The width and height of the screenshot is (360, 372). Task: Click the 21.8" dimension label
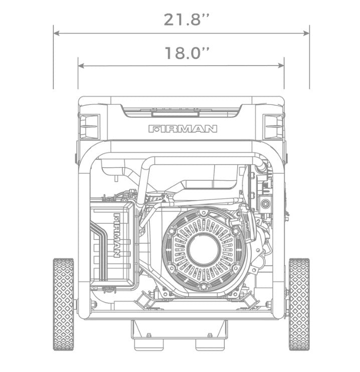pyautogui.click(x=187, y=20)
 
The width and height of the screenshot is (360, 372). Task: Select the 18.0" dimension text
pyautogui.click(x=187, y=53)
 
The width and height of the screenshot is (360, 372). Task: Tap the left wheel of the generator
pyautogui.click(x=63, y=304)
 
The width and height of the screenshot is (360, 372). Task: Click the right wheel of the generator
pyautogui.click(x=299, y=304)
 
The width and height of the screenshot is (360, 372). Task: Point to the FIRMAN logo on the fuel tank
pyautogui.click(x=183, y=129)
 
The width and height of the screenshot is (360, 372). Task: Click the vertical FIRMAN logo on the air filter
pyautogui.click(x=117, y=235)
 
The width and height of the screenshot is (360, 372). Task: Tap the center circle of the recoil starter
pyautogui.click(x=204, y=250)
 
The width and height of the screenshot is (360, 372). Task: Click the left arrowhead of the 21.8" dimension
pyautogui.click(x=56, y=33)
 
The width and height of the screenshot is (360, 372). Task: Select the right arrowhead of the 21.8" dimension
pyautogui.click(x=306, y=33)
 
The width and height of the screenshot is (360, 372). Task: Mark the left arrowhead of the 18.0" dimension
pyautogui.click(x=81, y=66)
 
